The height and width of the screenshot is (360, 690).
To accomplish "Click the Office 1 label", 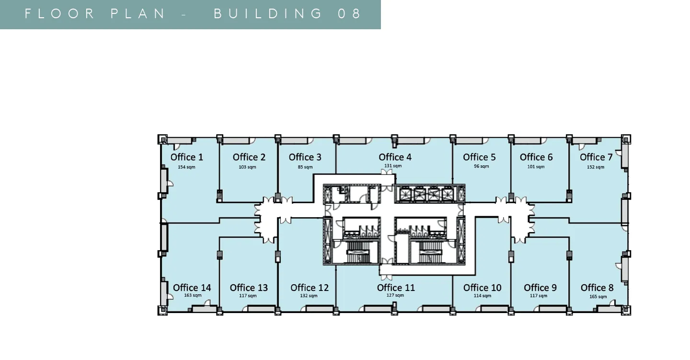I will [x=187, y=157].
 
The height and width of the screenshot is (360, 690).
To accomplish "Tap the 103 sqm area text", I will [x=247, y=167].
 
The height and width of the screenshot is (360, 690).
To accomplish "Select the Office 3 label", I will [x=305, y=157].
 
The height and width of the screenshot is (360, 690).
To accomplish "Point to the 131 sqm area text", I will [x=393, y=166].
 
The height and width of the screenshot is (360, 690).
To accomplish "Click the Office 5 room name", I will [x=479, y=157].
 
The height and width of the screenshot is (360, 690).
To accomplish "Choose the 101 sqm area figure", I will [x=536, y=167].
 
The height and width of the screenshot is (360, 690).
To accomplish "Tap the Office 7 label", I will [x=596, y=157].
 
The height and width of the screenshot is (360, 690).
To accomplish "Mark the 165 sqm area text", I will [x=598, y=297].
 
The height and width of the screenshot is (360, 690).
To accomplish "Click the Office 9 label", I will [x=540, y=288].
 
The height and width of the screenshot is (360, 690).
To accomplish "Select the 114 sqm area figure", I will [x=482, y=296].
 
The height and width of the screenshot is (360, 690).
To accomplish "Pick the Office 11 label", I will [x=396, y=288].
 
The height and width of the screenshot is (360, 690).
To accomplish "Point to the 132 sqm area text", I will [x=309, y=296].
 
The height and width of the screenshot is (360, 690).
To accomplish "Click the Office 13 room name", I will [x=249, y=288].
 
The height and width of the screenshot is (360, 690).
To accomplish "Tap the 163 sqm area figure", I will [x=193, y=295].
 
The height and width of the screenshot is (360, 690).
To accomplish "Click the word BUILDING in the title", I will [x=268, y=13].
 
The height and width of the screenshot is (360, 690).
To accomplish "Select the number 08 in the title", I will [x=349, y=13].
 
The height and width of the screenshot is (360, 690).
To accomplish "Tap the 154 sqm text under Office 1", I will [x=186, y=167].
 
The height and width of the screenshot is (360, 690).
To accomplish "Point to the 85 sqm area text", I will [x=305, y=167].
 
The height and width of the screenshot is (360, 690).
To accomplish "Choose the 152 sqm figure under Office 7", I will [x=596, y=167].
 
